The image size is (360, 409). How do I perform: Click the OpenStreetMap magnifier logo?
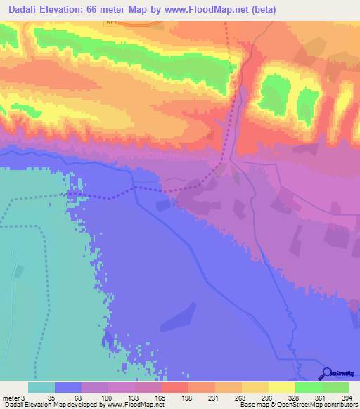coord(327,373)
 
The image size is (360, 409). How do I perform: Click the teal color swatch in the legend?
coord(41,387)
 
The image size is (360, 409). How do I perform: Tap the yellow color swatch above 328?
coord(281,387)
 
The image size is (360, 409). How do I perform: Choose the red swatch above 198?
coord(174,387)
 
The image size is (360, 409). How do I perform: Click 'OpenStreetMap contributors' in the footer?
coord(323,405)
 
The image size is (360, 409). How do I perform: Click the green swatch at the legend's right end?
coord(335,387)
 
